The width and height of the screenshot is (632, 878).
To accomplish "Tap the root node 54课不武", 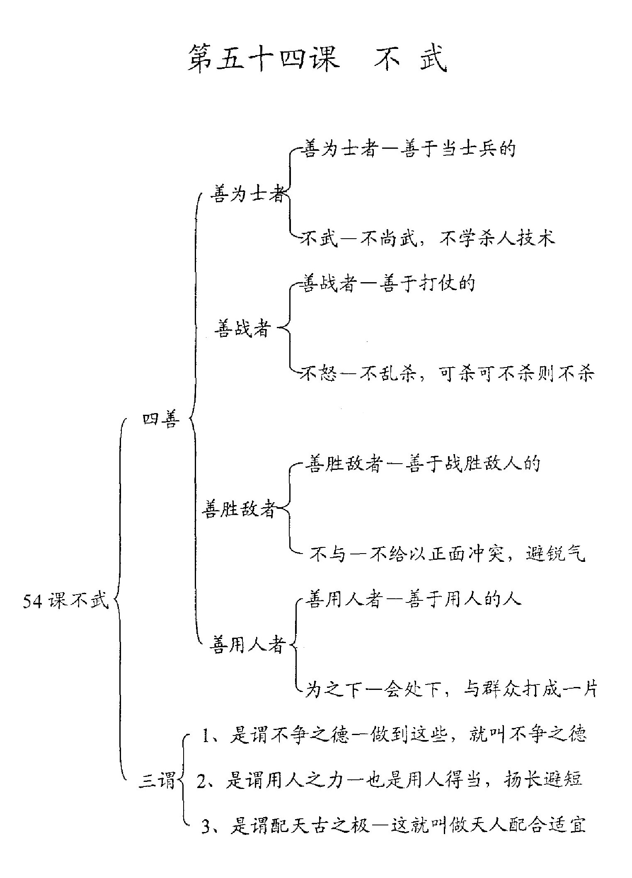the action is click(x=65, y=600).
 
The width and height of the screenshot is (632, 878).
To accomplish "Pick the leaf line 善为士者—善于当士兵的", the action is click(x=409, y=148).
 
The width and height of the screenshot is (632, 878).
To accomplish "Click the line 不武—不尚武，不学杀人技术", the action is click(x=428, y=238).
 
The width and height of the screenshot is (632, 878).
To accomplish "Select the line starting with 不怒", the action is click(x=448, y=373).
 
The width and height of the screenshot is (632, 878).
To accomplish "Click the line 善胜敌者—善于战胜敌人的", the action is click(x=423, y=463).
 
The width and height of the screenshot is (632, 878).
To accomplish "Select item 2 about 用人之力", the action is click(x=390, y=780).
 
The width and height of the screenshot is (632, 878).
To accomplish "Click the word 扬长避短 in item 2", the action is click(x=543, y=780).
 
